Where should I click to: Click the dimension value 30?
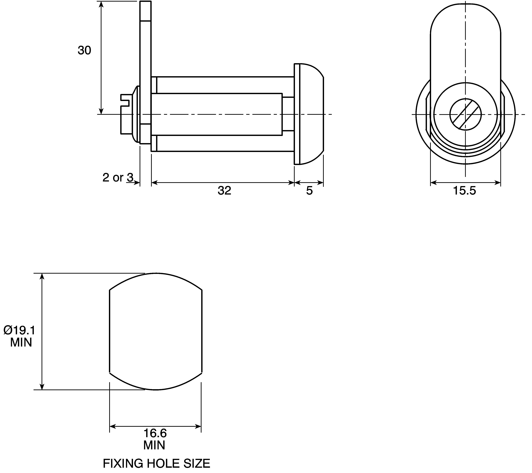coord(84,50)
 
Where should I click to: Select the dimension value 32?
coord(224,191)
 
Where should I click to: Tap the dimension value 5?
coord(309,191)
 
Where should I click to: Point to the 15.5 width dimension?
coord(465,191)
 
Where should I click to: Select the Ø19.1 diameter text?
coord(19,330)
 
